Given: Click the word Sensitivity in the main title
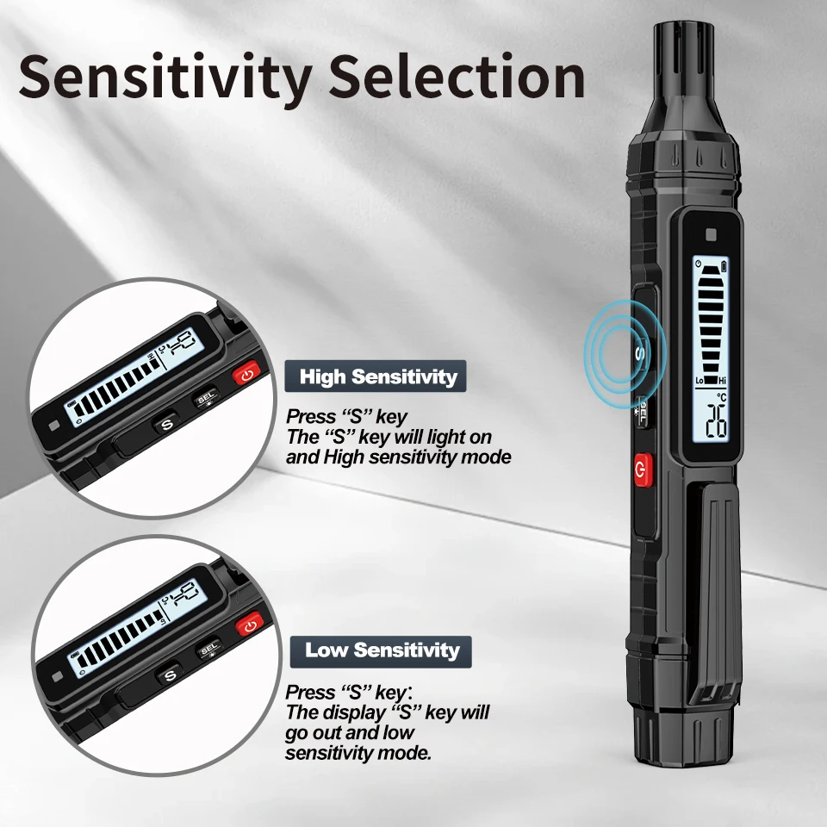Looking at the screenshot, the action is pos(165,78).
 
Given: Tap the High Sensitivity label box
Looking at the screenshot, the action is pos(376,376).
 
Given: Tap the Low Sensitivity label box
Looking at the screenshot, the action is pos(381,652).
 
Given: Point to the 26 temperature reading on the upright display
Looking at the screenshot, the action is pos(716,421).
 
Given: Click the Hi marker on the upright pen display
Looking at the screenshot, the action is pos(723,380).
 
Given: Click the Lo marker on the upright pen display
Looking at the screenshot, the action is pos(700,380).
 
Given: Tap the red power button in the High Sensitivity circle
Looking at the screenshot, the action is pos(246,375).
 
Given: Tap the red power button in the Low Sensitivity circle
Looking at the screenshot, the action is pos(250,626).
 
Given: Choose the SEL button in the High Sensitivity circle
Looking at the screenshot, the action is pos(206,398).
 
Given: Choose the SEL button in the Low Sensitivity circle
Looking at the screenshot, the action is pos(208,650).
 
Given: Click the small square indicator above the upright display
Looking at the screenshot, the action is pos(711,235).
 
